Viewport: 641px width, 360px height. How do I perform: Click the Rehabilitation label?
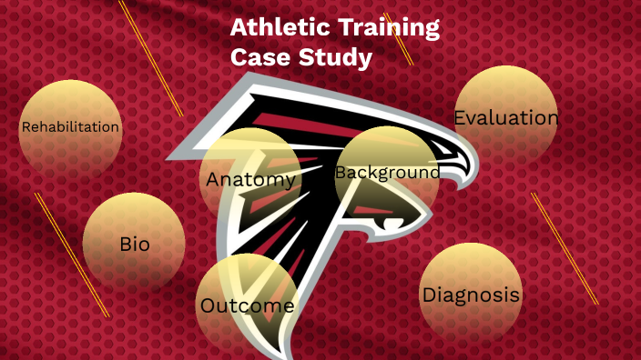pos(70,127)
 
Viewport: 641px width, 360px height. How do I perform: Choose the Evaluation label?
pos(505,118)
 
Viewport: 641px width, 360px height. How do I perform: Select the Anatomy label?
pos(250,180)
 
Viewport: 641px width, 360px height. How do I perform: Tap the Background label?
pos(387,172)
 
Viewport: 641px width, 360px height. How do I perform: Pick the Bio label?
pos(134,244)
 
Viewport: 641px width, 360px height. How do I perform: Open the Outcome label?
pos(247,305)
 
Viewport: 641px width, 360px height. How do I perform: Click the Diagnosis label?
pos(471,295)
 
